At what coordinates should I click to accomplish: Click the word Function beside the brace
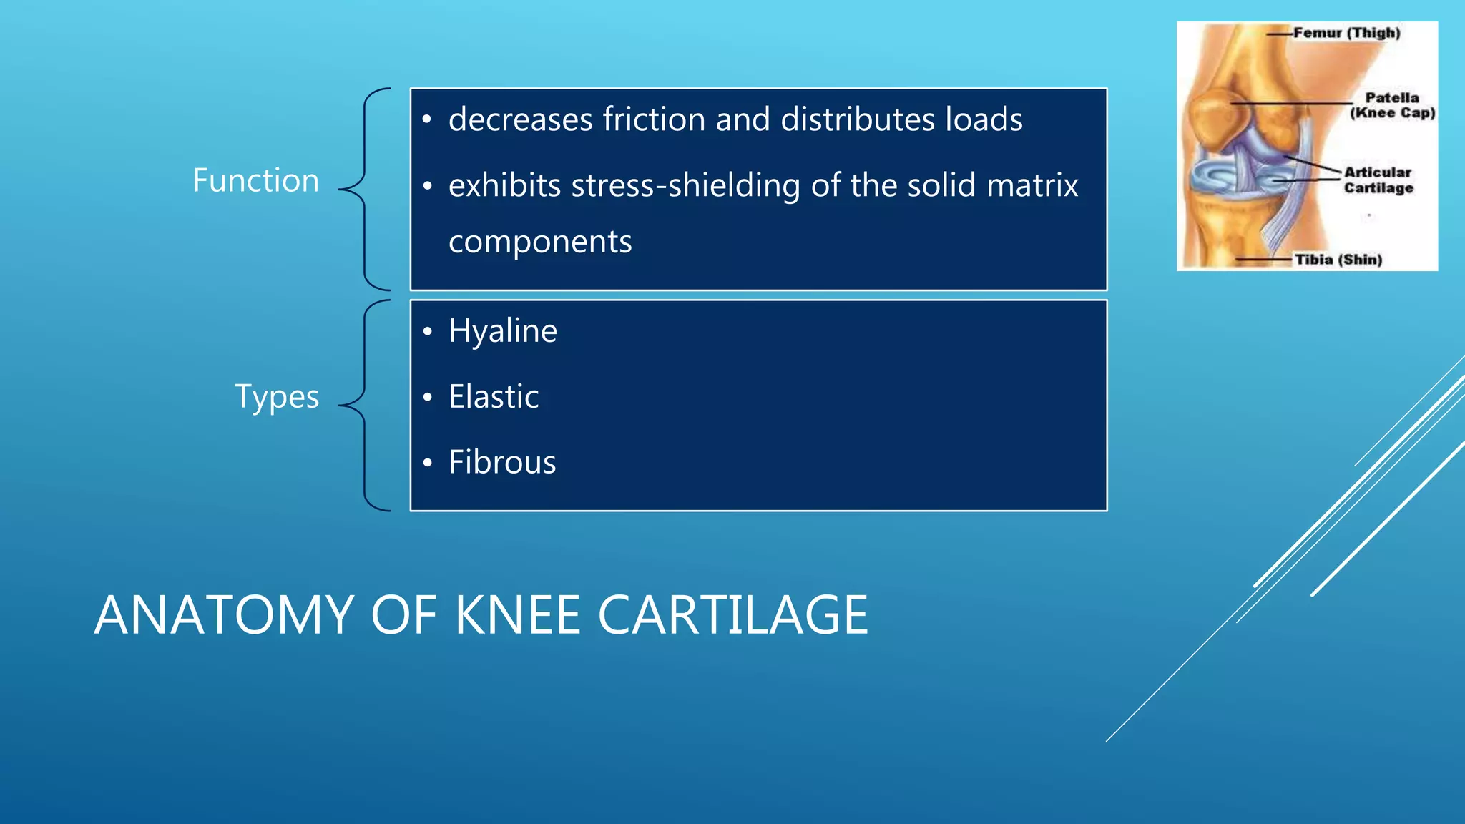[x=255, y=180]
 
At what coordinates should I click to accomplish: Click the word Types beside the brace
[x=277, y=397]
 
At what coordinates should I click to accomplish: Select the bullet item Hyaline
[x=502, y=331]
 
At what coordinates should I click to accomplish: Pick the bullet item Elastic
[x=494, y=397]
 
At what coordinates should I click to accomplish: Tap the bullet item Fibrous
[x=502, y=463]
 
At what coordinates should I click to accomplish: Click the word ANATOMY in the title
[x=224, y=616]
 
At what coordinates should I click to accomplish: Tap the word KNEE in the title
[x=517, y=616]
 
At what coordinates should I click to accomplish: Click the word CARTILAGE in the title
[x=732, y=616]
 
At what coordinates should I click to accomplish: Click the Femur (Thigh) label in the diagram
[x=1346, y=33]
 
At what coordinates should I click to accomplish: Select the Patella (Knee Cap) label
[x=1392, y=105]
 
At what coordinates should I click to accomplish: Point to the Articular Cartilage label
[x=1378, y=180]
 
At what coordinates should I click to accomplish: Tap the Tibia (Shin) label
[x=1338, y=260]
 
